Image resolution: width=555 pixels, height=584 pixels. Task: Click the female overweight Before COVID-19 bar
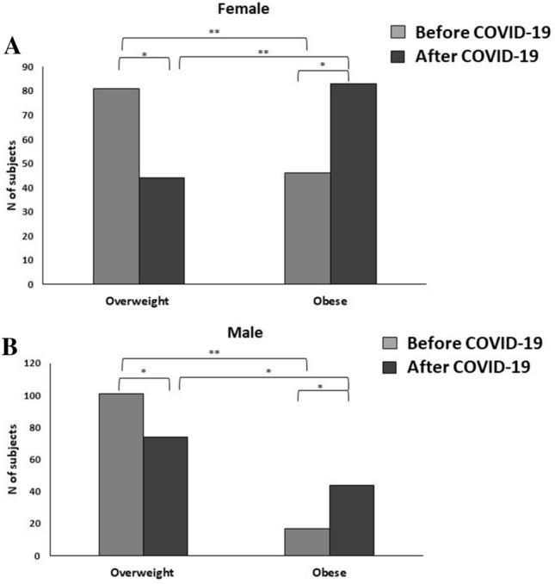116,185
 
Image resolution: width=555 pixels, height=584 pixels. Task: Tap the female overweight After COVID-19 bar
161,230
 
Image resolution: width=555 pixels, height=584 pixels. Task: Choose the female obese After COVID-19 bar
353,183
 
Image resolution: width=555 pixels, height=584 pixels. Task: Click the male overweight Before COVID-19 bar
121,474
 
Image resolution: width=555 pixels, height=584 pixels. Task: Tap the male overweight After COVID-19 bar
165,495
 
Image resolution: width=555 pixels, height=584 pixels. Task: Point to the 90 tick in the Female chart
51,67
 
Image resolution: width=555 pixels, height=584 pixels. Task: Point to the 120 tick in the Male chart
48,363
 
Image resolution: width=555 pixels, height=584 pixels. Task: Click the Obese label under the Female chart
330,302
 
